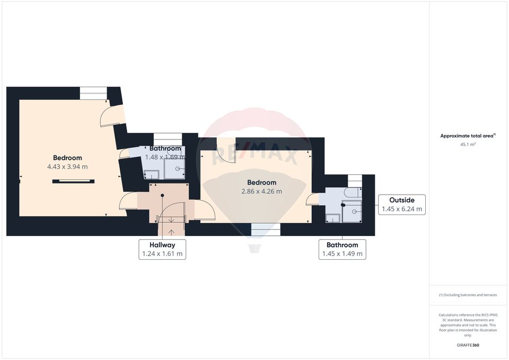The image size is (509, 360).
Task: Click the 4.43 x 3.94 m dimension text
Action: [67, 166]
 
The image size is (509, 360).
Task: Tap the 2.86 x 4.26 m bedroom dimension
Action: [261, 191]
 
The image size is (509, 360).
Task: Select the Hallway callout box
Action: [162, 249]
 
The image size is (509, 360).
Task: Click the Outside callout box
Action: [402, 205]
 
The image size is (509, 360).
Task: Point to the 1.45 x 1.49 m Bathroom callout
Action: [342, 249]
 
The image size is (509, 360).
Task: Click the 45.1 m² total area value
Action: [468, 144]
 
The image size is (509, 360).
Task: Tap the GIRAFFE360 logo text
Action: [468, 345]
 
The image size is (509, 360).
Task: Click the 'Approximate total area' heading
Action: [468, 136]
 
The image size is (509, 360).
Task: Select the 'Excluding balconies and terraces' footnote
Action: [468, 295]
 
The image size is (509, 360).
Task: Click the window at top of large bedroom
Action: [93, 93]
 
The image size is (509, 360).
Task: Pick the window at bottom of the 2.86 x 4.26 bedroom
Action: [265, 229]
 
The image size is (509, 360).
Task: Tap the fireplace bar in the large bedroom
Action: [73, 181]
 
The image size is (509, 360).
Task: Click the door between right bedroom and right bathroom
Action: [313, 199]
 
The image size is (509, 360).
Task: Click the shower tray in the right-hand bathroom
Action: [352, 212]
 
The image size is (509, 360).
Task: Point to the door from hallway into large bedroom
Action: [128, 202]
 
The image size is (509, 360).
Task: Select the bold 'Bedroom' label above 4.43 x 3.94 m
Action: [67, 157]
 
